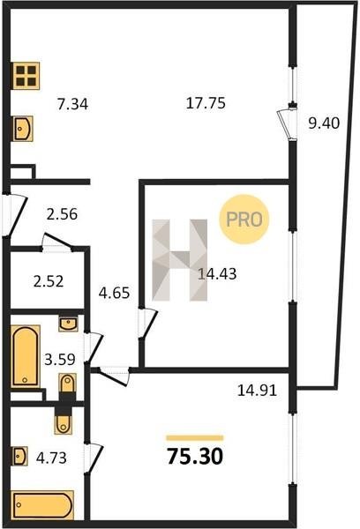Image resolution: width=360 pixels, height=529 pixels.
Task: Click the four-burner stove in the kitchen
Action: [26, 76]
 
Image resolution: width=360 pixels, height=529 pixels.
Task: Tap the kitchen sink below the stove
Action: [23, 129]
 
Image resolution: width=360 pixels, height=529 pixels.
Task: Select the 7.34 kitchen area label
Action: [72, 104]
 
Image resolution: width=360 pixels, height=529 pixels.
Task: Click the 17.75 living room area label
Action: [206, 102]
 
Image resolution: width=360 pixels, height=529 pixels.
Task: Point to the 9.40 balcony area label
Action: [324, 123]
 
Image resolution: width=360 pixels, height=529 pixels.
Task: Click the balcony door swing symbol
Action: [287, 123]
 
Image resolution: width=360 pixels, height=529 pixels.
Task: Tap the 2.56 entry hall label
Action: [62, 214]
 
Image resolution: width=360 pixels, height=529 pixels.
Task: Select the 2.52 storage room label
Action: [49, 281]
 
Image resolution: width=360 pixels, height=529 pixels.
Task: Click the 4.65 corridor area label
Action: [114, 293]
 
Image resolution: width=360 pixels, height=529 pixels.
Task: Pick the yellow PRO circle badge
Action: [244, 220]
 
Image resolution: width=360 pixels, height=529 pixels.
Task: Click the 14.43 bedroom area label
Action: [217, 273]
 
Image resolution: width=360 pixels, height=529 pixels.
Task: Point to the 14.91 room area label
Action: [257, 391]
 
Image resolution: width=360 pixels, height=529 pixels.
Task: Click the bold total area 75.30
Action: [195, 457]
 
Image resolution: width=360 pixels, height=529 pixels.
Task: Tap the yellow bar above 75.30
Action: [194, 438]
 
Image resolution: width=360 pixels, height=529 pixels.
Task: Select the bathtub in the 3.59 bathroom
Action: [26, 356]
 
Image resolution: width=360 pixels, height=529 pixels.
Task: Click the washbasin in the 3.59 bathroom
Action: [68, 324]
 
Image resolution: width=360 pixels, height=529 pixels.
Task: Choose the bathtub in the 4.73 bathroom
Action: [42, 504]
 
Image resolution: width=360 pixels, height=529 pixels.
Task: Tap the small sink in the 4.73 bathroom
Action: [19, 456]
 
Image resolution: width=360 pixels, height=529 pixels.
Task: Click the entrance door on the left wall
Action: [14, 214]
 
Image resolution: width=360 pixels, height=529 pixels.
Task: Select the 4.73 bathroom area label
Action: [51, 458]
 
